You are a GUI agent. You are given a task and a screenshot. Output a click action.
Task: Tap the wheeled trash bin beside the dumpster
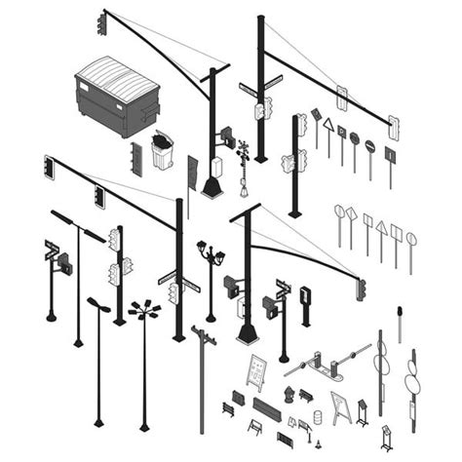click(162, 152)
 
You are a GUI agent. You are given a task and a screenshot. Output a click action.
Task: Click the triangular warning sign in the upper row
click(328, 127)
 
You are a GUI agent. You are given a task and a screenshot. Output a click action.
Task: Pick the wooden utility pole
click(203, 380)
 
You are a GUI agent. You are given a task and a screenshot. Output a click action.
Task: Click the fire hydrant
click(289, 395)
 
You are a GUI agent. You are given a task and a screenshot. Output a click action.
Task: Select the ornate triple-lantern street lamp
click(211, 257)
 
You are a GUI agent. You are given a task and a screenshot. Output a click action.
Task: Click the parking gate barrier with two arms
click(331, 365)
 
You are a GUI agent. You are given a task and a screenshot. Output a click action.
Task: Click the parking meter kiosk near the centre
click(305, 296)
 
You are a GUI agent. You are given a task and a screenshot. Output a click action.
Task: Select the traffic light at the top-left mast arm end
click(102, 23)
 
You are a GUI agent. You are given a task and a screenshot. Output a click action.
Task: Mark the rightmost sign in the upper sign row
click(390, 155)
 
